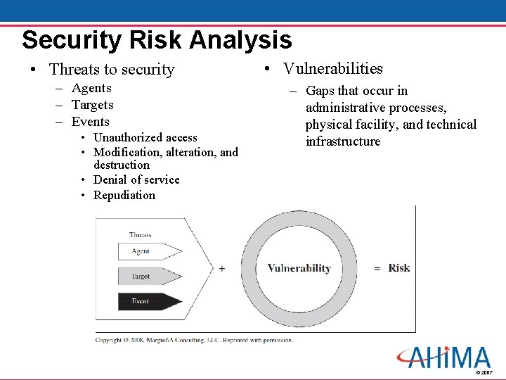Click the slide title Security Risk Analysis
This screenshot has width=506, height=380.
[x=156, y=39]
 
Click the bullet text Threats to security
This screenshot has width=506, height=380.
[x=112, y=69]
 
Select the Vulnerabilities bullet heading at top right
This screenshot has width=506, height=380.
[x=332, y=68]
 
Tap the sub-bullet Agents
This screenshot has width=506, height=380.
[x=91, y=88]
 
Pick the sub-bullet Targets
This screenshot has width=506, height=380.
[x=92, y=105]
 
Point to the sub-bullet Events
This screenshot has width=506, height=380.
[x=90, y=122]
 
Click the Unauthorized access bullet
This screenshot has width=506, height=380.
[x=145, y=137]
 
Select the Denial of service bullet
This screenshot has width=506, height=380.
[x=136, y=179]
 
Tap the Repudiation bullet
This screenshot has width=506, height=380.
[x=124, y=195]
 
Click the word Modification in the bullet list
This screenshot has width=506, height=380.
[x=126, y=152]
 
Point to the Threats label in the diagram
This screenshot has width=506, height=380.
[x=140, y=234]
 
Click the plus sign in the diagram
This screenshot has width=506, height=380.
[x=222, y=268]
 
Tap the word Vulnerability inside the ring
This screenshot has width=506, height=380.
[x=299, y=268]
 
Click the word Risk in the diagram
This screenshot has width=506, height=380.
[x=399, y=268]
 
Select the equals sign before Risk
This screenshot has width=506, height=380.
[x=377, y=269]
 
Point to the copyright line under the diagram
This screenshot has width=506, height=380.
[x=194, y=340]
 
